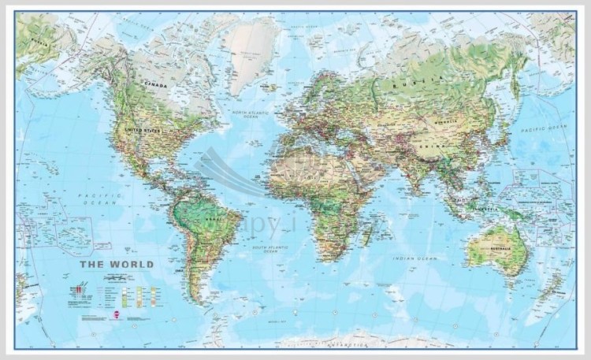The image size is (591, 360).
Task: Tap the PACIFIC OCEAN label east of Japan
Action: (545, 127)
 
